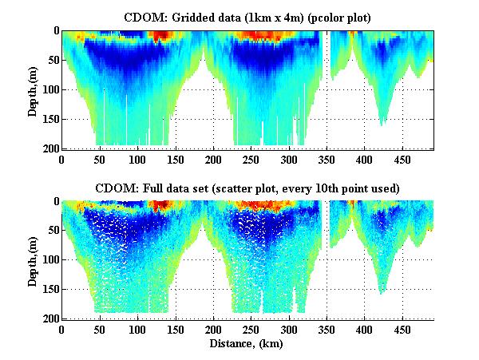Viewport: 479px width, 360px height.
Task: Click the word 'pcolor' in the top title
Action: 305,17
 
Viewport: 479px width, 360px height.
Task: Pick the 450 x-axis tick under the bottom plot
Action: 402,329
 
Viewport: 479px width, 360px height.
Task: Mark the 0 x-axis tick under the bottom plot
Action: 61,329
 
